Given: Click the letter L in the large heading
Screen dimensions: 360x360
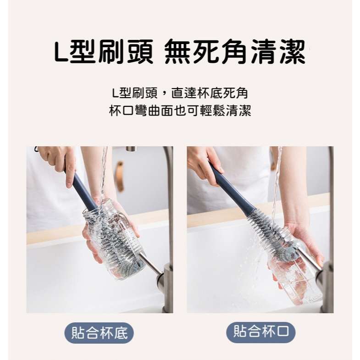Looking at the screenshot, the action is (61, 52).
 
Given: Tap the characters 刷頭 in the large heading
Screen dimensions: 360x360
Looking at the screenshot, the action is (125, 51).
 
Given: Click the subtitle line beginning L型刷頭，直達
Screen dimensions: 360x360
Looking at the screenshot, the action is (180, 94).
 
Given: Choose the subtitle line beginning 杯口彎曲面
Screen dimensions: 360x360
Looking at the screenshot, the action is (180, 111).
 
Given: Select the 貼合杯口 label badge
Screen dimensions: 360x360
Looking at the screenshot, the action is (261, 332).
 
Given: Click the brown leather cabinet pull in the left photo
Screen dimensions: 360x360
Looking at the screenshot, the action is (120, 176).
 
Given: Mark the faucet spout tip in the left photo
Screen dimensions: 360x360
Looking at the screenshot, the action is (131, 149).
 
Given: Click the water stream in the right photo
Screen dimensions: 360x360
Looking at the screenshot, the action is (276, 184).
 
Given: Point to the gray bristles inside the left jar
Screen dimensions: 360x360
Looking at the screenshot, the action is (115, 244).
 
